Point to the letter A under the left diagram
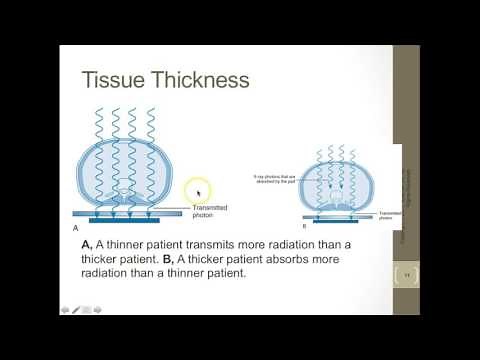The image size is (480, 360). tap(76, 228)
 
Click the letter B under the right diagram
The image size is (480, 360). tap(303, 227)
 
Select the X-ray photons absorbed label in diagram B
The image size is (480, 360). tap(272, 179)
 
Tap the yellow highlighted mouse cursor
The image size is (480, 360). tap(198, 191)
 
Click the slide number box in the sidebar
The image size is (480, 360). tap(407, 274)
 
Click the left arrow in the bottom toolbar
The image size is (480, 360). tap(65, 309)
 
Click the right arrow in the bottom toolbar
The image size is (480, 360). tap(99, 309)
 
